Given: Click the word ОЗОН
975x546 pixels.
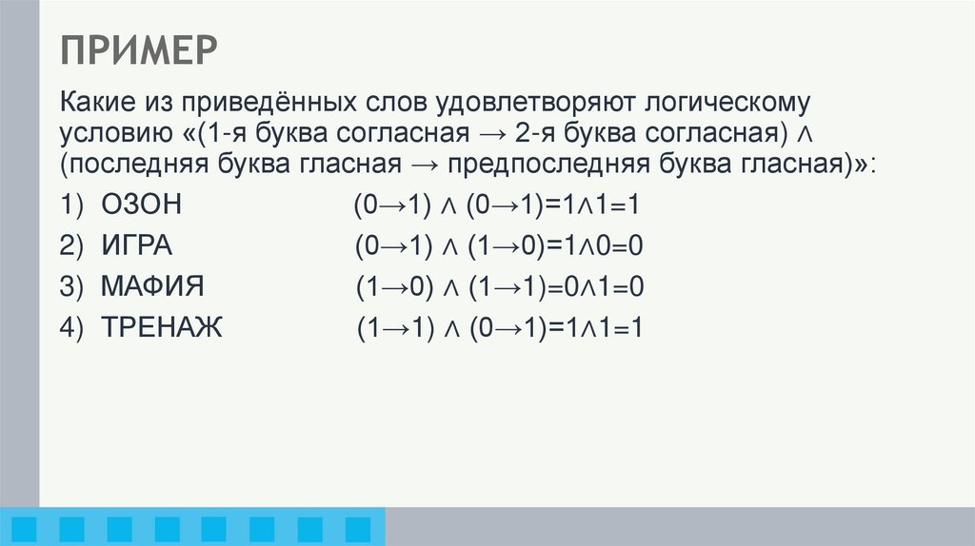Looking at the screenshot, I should coord(140,206).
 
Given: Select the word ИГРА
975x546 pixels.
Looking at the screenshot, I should coord(136,247).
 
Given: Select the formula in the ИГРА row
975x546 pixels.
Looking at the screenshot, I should coord(500,247).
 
